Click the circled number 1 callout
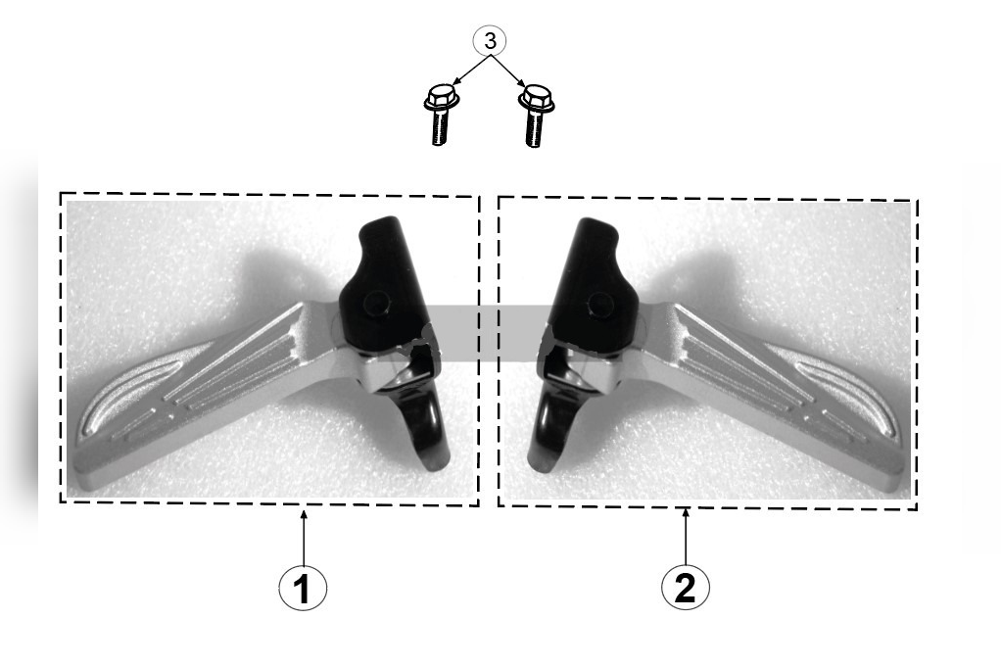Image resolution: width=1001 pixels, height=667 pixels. coord(303,588)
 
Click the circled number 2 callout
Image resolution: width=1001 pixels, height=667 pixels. coord(685,586)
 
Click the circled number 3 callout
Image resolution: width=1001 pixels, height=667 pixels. coord(490,41)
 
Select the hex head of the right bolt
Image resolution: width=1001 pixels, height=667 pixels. coord(536,98)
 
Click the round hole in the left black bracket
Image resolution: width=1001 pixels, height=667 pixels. coord(376,302)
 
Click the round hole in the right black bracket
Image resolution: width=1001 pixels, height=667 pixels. coord(600,303)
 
